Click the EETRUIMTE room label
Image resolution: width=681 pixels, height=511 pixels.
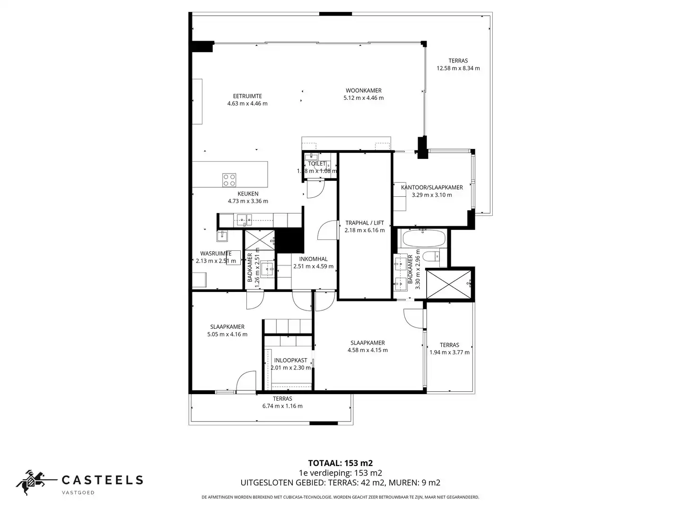[247, 96]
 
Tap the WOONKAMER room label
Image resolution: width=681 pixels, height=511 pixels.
[363, 90]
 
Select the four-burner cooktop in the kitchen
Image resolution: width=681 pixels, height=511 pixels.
[229, 180]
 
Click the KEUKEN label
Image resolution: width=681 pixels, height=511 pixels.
[248, 194]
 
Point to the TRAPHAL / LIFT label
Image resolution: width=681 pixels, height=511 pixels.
[364, 223]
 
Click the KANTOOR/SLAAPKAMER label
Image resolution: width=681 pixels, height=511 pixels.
[431, 187]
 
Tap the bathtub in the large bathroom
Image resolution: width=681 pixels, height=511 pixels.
[423, 238]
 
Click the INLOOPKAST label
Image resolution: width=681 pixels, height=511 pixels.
[290, 360]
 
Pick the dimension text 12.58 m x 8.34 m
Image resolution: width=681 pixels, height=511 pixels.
[458, 68]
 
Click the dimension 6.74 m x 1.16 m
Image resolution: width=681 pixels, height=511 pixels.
[282, 406]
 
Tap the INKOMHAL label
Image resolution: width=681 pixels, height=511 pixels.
[313, 259]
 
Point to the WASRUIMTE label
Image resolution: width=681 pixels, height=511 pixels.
[216, 254]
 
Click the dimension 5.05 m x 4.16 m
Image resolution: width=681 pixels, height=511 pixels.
[227, 334]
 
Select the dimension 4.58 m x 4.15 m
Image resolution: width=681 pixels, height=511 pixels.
[367, 350]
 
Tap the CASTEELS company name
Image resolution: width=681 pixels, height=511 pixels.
[103, 480]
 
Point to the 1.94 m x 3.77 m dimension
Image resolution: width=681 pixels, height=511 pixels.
[449, 352]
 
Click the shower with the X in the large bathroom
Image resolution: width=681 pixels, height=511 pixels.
[449, 284]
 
